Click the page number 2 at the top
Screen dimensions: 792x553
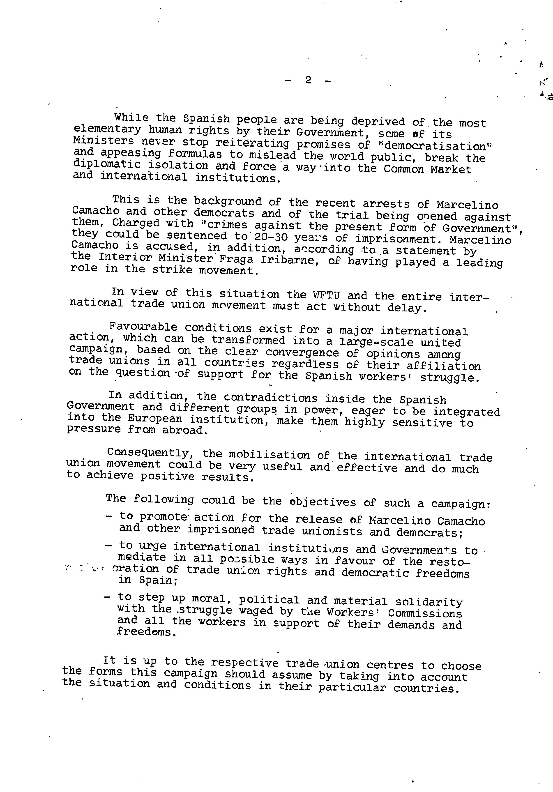point(308,80)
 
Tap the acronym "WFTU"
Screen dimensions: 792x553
point(326,295)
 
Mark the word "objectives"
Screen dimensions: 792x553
point(323,502)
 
